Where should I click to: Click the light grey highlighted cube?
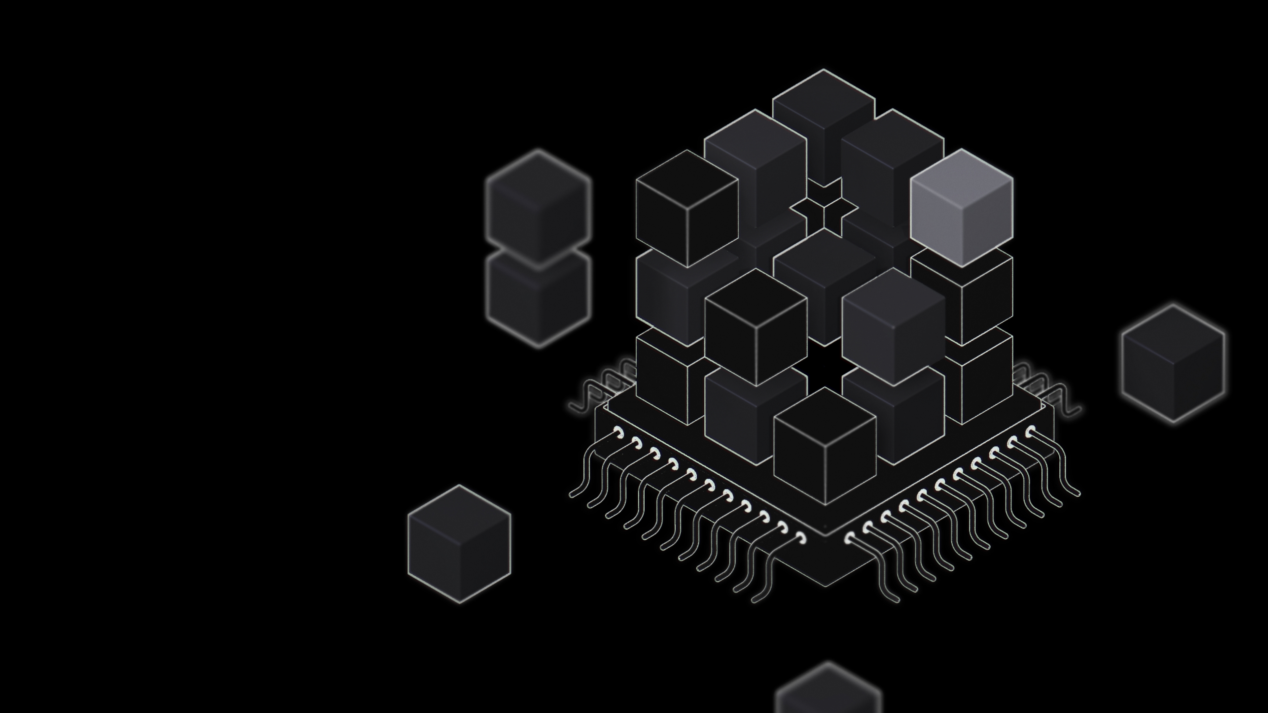[x=961, y=209]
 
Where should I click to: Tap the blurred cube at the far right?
[x=1173, y=363]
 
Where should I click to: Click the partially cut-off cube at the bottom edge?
[x=828, y=691]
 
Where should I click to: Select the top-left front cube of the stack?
[x=687, y=209]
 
